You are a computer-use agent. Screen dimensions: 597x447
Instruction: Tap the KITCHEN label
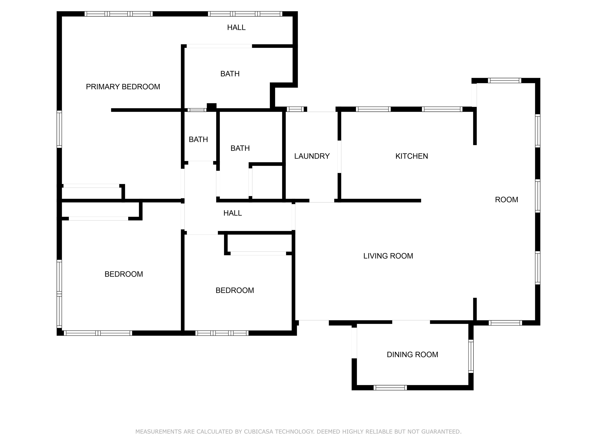(412, 156)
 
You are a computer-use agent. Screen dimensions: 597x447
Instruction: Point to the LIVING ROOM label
(388, 256)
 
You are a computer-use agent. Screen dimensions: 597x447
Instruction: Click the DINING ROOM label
(412, 354)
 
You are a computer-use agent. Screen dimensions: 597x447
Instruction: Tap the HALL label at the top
(236, 27)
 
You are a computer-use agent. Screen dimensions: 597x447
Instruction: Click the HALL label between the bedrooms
(232, 213)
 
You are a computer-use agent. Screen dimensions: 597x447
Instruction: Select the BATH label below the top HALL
(230, 74)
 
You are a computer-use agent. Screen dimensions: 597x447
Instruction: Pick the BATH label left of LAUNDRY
(240, 148)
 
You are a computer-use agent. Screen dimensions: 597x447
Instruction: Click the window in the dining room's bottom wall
(390, 388)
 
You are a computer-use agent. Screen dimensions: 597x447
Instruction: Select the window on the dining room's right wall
(471, 356)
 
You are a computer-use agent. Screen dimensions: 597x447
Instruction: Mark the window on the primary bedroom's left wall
(59, 129)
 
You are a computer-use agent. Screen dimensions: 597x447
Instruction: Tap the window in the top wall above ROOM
(504, 81)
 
